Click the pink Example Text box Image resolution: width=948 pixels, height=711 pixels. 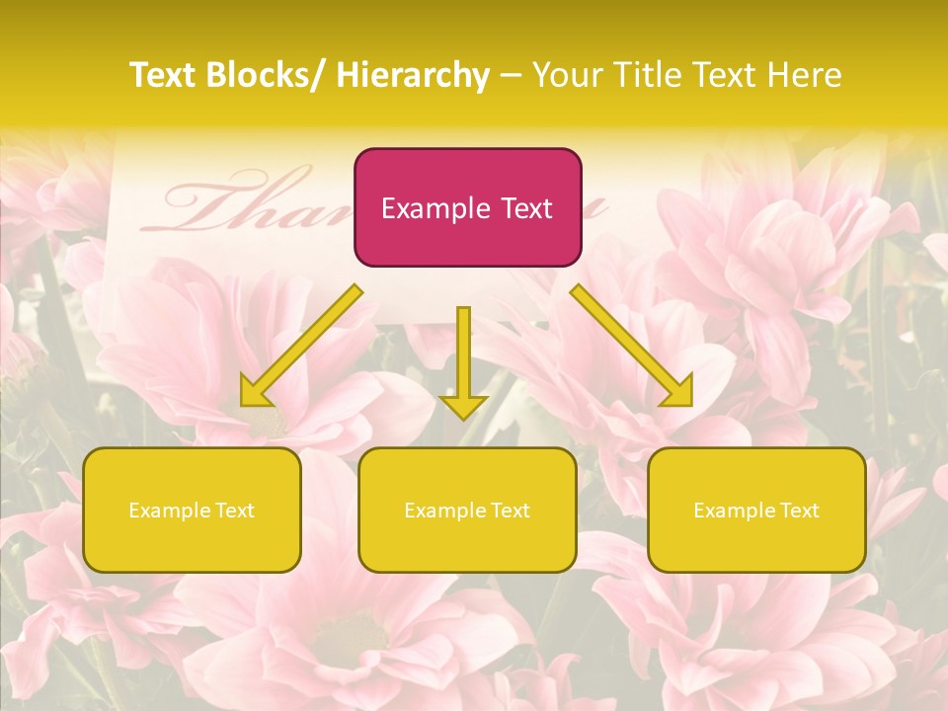click(x=467, y=207)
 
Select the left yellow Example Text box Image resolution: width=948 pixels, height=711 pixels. click(x=192, y=510)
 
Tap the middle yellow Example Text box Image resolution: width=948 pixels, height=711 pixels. click(x=467, y=510)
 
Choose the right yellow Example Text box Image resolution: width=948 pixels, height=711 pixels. click(x=756, y=510)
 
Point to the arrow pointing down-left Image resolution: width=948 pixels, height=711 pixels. click(x=301, y=347)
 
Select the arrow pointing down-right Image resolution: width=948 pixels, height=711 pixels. click(x=632, y=347)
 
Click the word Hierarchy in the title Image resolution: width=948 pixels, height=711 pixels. click(x=412, y=75)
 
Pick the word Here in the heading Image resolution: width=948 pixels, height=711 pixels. click(x=806, y=75)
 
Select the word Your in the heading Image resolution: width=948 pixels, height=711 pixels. click(x=566, y=75)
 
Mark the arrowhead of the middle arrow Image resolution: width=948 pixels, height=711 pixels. click(x=463, y=405)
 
